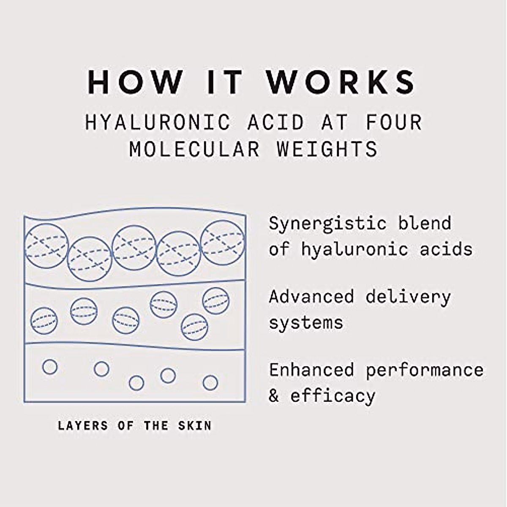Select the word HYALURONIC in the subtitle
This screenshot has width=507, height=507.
158,123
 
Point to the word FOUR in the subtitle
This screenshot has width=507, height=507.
393,123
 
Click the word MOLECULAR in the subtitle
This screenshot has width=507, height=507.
194,149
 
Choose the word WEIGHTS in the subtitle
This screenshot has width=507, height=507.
327,149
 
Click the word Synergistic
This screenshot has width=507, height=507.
327,224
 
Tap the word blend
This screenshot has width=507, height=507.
425,223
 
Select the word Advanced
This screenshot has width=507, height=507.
311,297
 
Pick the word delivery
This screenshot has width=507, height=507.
408,297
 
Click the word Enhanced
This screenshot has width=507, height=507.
311,370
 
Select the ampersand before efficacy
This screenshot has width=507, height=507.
274,396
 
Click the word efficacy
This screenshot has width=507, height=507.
333,396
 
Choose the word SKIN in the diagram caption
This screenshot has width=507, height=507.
194,425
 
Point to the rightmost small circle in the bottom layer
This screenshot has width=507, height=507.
210,383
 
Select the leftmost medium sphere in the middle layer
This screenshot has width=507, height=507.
44,321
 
